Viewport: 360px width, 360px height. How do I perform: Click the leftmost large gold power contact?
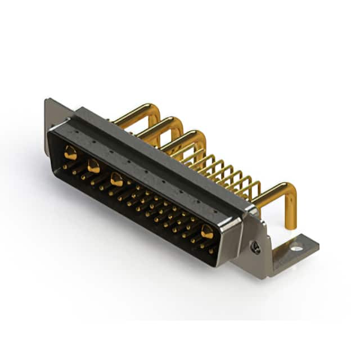[70, 152]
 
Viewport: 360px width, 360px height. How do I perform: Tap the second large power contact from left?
[93, 166]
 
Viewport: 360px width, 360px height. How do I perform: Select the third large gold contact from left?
[116, 180]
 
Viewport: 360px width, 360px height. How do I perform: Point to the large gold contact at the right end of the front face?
[207, 231]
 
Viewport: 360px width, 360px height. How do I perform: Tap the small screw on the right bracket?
[256, 247]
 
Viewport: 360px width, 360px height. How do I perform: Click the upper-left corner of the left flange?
[47, 101]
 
